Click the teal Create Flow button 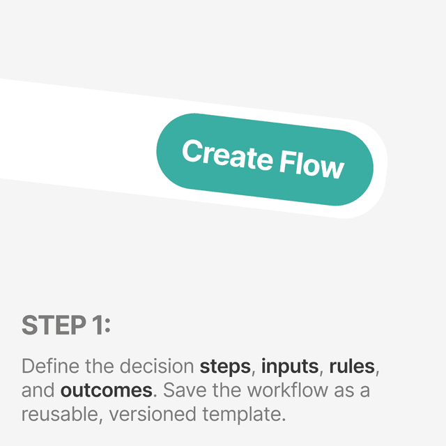[264, 159]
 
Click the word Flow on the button [312, 165]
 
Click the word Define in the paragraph [46, 366]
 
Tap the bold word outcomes [106, 390]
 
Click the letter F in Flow [286, 161]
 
